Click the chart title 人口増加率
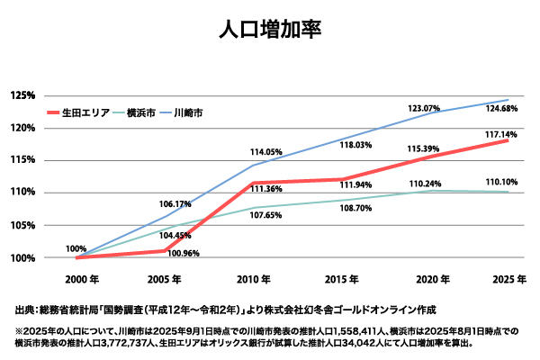[x=269, y=29]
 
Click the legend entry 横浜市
[x=141, y=114]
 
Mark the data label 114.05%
[x=266, y=152]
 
